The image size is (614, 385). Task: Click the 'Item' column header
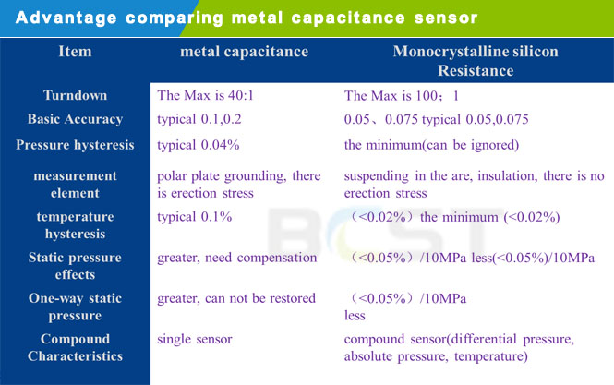click(x=75, y=52)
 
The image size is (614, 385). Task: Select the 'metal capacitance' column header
click(x=245, y=52)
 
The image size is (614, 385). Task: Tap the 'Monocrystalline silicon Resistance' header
click(x=476, y=61)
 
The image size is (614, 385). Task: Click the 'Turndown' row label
click(x=75, y=95)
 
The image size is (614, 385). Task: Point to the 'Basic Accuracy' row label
click(x=75, y=119)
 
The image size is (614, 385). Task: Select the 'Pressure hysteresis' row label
click(x=75, y=145)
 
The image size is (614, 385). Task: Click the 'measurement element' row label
click(x=75, y=185)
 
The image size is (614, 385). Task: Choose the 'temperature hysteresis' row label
click(x=75, y=225)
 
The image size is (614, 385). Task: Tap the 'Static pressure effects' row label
click(x=75, y=266)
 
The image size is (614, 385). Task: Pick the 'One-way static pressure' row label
click(x=75, y=307)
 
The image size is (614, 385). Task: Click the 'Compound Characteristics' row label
click(x=75, y=347)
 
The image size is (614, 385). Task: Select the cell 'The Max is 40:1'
click(x=206, y=95)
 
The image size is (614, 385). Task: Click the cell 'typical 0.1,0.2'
click(x=199, y=119)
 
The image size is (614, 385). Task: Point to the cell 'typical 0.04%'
click(x=199, y=145)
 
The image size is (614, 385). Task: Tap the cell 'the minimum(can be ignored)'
click(x=431, y=145)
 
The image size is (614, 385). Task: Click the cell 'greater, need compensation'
click(x=237, y=258)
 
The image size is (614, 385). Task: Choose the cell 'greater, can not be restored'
click(x=236, y=298)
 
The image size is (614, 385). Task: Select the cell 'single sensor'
click(x=195, y=339)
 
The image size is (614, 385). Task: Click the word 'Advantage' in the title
click(x=66, y=18)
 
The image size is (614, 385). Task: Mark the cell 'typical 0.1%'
click(x=195, y=217)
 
